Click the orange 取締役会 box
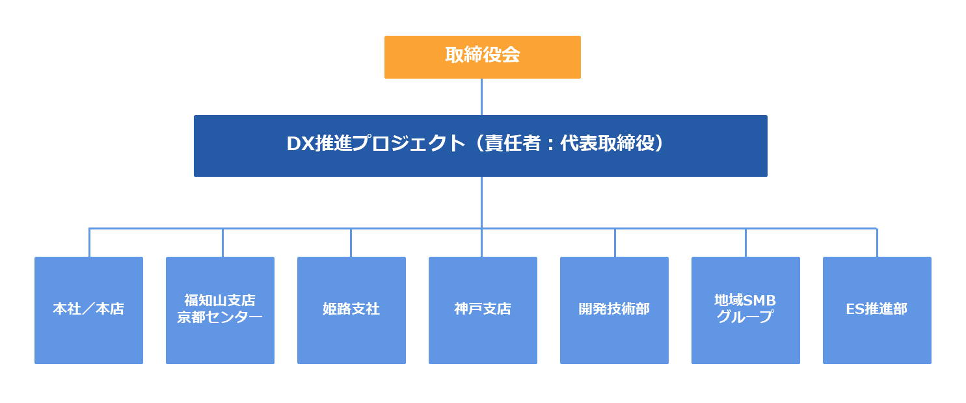tap(483, 57)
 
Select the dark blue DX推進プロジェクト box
tap(481, 146)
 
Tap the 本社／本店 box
tap(89, 310)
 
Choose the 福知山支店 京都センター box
tap(220, 310)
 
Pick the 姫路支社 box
tap(351, 310)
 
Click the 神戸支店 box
tap(483, 310)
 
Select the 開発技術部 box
tap(614, 310)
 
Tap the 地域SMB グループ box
tap(745, 310)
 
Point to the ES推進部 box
tap(877, 310)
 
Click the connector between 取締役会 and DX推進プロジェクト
tap(482, 97)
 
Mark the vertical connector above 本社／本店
tap(89, 242)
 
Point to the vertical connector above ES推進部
tap(877, 242)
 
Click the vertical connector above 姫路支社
tap(351, 242)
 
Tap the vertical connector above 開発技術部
tap(615, 242)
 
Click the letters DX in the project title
tap(300, 144)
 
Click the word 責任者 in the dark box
tap(513, 143)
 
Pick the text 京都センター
tap(220, 317)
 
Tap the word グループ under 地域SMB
tap(745, 317)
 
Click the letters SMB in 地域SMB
tap(759, 300)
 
